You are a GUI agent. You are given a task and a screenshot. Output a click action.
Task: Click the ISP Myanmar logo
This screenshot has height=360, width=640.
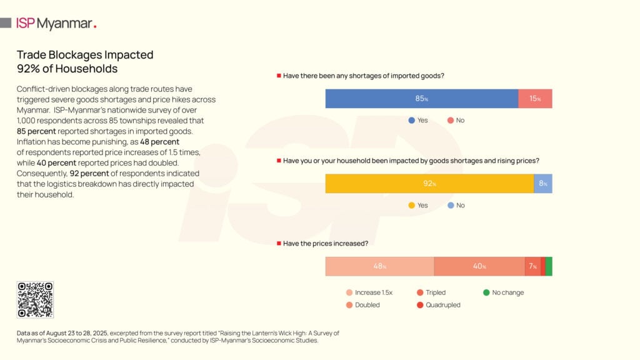(x=56, y=24)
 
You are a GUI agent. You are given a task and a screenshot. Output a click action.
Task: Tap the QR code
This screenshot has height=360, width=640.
(x=35, y=299)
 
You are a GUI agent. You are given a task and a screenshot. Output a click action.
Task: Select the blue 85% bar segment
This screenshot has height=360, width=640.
(x=422, y=99)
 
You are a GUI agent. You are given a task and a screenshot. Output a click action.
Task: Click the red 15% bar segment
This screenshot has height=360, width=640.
(x=535, y=99)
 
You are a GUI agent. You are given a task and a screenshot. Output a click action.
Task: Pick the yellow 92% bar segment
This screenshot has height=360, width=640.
(x=429, y=184)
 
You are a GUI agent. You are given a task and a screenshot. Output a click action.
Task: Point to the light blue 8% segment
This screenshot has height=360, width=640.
(x=543, y=184)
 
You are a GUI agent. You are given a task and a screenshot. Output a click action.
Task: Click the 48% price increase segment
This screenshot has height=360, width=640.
(x=379, y=266)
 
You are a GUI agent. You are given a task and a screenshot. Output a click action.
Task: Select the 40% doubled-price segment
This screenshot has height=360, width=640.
(x=479, y=266)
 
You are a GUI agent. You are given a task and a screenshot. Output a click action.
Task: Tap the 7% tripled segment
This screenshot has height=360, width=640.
(x=532, y=266)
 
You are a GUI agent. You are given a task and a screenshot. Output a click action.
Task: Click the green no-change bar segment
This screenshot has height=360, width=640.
(x=549, y=266)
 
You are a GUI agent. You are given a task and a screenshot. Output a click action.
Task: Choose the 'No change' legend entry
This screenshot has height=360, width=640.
(x=504, y=292)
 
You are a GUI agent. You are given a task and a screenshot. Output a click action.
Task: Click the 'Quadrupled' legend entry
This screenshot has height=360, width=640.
(x=439, y=305)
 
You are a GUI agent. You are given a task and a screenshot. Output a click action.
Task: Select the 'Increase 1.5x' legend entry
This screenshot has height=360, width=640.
(x=369, y=292)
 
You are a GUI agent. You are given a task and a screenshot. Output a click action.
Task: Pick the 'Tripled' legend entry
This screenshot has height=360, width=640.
(x=431, y=292)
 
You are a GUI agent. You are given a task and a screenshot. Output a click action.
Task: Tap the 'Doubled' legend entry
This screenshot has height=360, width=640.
(x=363, y=305)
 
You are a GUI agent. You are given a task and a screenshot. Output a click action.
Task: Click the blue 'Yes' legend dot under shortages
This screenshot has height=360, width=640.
(x=412, y=120)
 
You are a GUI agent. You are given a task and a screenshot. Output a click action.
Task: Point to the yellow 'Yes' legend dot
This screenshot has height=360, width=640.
(x=412, y=205)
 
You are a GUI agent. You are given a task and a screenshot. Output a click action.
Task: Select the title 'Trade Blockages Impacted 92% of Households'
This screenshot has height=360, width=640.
(x=85, y=62)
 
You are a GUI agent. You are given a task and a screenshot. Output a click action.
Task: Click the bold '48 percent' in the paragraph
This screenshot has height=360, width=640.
(x=161, y=142)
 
